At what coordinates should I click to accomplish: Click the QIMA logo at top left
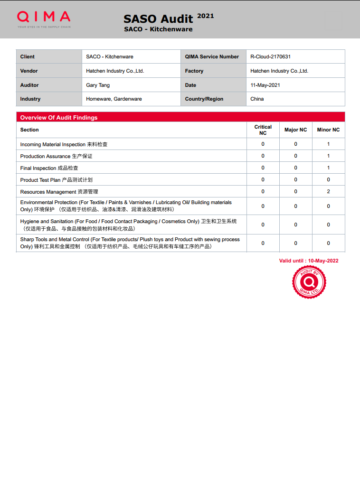click(x=44, y=18)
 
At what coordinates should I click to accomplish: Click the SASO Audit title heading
click(x=158, y=19)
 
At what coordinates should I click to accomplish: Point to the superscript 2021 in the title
click(x=205, y=16)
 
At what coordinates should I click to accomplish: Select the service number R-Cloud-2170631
click(x=270, y=56)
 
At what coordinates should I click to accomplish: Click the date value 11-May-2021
click(x=265, y=85)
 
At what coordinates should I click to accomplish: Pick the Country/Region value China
click(x=257, y=99)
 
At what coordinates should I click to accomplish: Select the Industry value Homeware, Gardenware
click(x=114, y=99)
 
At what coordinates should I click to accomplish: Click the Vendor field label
click(x=29, y=71)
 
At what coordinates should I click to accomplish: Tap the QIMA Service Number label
click(x=212, y=56)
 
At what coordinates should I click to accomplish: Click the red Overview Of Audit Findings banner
click(x=180, y=117)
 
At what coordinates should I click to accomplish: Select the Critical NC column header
click(x=263, y=130)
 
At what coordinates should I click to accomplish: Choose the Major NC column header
click(x=295, y=130)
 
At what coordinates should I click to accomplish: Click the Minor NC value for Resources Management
click(x=328, y=191)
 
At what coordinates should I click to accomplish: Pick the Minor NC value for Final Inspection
click(x=328, y=168)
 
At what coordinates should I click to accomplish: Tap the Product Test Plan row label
click(x=56, y=180)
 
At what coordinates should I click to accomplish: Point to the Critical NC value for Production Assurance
click(x=263, y=156)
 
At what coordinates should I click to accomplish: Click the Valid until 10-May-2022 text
click(x=309, y=261)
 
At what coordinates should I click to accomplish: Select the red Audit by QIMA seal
click(x=309, y=282)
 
